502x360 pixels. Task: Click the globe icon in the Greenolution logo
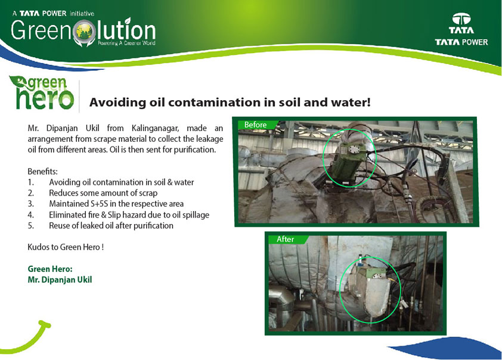pyautogui.click(x=84, y=32)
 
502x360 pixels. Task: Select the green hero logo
pyautogui.click(x=42, y=92)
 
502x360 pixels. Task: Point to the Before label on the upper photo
pyautogui.click(x=255, y=125)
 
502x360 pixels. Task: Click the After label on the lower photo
pyautogui.click(x=285, y=240)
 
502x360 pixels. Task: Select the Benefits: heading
pyautogui.click(x=42, y=172)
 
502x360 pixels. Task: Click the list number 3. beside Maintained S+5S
pyautogui.click(x=31, y=204)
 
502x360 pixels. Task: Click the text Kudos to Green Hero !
pyautogui.click(x=66, y=247)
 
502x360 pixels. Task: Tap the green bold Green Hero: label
pyautogui.click(x=50, y=269)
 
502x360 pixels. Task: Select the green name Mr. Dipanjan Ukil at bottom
pyautogui.click(x=60, y=280)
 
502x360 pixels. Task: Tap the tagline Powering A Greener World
pyautogui.click(x=126, y=43)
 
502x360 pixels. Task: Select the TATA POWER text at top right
pyautogui.click(x=461, y=42)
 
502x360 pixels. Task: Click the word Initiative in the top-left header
pyautogui.click(x=82, y=14)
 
